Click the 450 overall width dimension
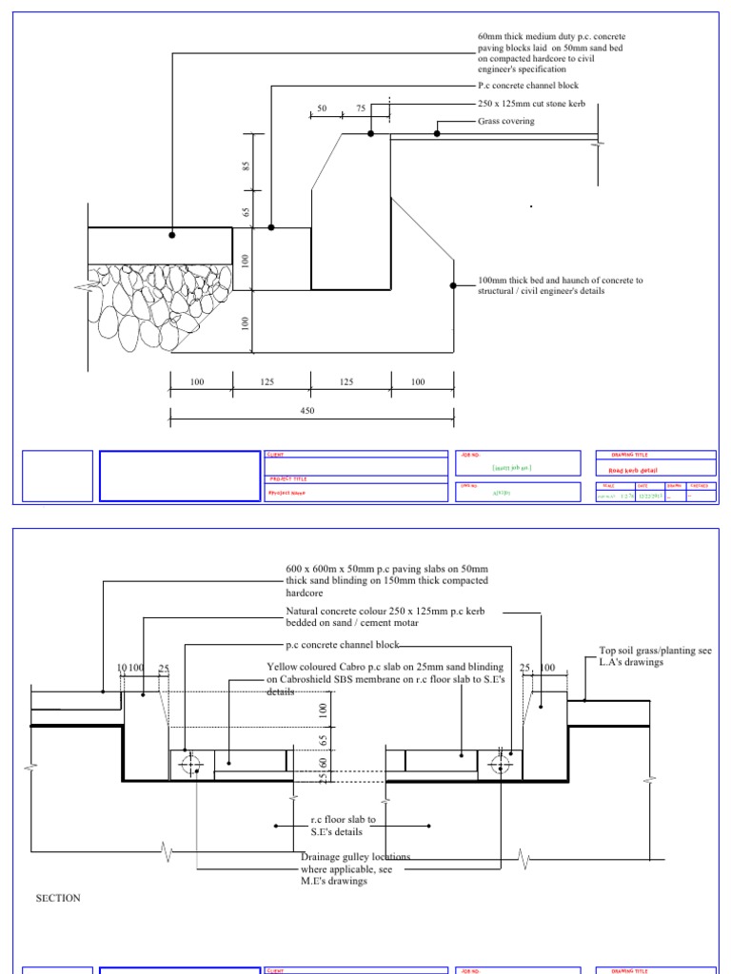pos(306,411)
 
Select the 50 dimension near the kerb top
pos(322,109)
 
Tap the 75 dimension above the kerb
pos(361,109)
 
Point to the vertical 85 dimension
pos(246,166)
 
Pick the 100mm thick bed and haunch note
pos(560,285)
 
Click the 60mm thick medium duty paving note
pos(551,52)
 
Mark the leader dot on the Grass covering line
pos(438,133)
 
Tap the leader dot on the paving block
pos(172,234)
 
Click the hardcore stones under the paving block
pos(162,304)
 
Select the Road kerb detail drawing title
pos(632,470)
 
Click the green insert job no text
pos(511,468)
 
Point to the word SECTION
pos(58,898)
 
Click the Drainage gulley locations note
pos(355,868)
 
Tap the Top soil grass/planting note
pos(655,655)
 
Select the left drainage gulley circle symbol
pos(192,764)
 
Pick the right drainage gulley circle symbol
pos(498,764)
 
